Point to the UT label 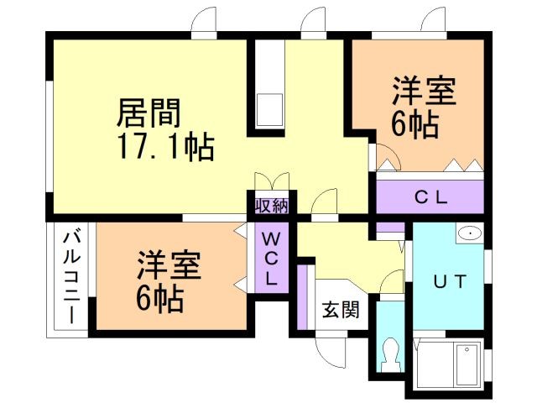[449, 280]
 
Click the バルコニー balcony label [71, 276]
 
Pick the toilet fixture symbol [389, 355]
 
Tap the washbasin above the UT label [468, 233]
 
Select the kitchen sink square [270, 110]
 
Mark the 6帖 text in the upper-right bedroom [414, 126]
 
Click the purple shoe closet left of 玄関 [304, 297]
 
